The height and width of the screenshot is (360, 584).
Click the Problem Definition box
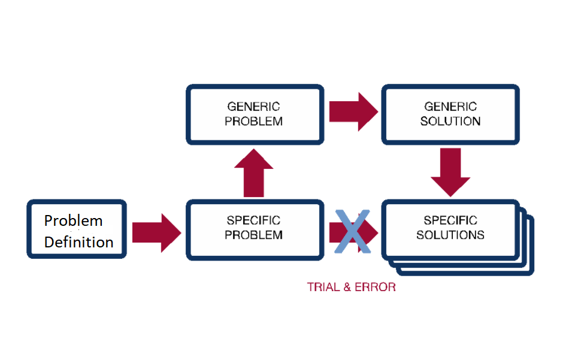pos(77,229)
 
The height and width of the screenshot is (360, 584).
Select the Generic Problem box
pos(255,114)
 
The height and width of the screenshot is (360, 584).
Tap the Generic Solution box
pos(450,114)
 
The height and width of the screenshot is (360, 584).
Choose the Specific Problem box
pos(255,229)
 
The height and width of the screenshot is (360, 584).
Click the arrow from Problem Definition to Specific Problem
pos(156,233)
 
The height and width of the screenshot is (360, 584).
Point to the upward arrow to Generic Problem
pos(253,173)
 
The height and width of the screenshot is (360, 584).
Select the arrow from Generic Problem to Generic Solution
pos(353,111)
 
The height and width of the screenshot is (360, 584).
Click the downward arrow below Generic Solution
pos(450,173)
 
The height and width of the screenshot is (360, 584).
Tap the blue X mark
pos(352,231)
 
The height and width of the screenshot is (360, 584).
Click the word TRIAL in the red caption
pos(323,287)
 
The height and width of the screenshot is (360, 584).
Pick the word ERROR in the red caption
pos(375,287)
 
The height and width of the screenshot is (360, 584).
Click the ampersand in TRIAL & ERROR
pos(347,287)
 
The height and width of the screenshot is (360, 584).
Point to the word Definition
pos(78,242)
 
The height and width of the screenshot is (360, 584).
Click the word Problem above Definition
pos(73,220)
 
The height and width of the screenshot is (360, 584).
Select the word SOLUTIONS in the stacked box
pos(450,235)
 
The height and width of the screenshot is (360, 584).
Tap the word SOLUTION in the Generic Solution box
pos(450,121)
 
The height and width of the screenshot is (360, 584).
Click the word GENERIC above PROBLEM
pos(253,107)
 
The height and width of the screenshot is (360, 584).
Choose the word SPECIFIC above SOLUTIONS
pos(450,220)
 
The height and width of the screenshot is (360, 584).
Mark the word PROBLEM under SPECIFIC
pos(253,235)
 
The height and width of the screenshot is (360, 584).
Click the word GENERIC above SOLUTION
pos(450,107)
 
